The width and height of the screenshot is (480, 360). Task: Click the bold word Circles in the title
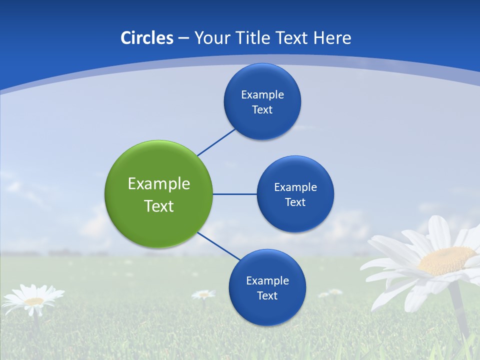pyautogui.click(x=146, y=37)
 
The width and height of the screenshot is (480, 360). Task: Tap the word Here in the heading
pyautogui.click(x=332, y=37)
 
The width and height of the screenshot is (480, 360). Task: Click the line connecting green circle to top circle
pyautogui.click(x=216, y=142)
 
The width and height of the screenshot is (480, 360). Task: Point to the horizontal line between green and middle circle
pyautogui.click(x=234, y=194)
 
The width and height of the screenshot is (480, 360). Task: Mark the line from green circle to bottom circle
pyautogui.click(x=219, y=246)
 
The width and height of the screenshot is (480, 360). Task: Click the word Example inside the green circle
pyautogui.click(x=159, y=184)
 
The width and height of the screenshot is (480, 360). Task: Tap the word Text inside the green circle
pyautogui.click(x=159, y=206)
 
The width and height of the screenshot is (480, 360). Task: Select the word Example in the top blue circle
pyautogui.click(x=262, y=94)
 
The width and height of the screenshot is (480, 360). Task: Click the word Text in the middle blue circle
pyautogui.click(x=295, y=202)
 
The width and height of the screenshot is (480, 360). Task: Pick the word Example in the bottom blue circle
pyautogui.click(x=267, y=280)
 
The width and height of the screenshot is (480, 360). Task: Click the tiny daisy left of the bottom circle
pyautogui.click(x=203, y=294)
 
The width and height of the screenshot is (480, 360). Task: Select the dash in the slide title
pyautogui.click(x=183, y=38)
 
